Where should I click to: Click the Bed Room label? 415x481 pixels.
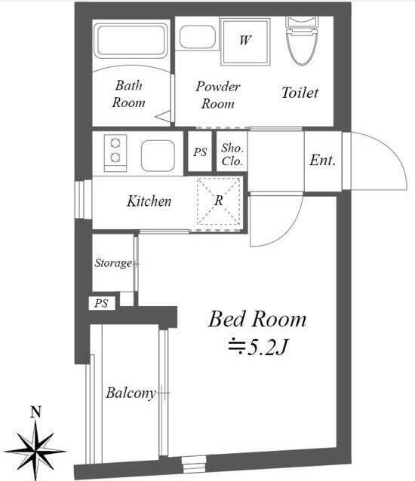pos(257,320)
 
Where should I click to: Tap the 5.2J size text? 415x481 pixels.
pos(257,348)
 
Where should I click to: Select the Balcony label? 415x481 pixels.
pos(131,394)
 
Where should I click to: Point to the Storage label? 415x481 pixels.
pos(113,263)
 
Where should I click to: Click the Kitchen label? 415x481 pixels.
pos(149,201)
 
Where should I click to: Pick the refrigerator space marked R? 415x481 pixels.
pos(218,201)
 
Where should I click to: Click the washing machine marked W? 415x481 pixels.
pos(245,41)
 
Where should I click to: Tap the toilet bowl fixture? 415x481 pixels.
pos(301,41)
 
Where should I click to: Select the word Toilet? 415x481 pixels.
pos(300,93)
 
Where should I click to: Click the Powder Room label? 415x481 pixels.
pos(218,95)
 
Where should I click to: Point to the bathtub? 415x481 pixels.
pos(131,41)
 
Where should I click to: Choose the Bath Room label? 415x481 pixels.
pos(128,94)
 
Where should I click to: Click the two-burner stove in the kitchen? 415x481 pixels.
pos(115,153)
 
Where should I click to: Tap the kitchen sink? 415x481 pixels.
pos(158,156)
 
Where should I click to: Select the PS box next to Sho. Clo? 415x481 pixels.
pos(200,152)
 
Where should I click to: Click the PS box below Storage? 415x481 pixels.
pos(102,303)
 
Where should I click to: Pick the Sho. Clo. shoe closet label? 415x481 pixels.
pos(232,155)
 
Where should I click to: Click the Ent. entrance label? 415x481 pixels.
pos(323,161)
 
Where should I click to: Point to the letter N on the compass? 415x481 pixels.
pos(36,412)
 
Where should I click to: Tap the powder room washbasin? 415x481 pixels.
pos(198,37)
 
